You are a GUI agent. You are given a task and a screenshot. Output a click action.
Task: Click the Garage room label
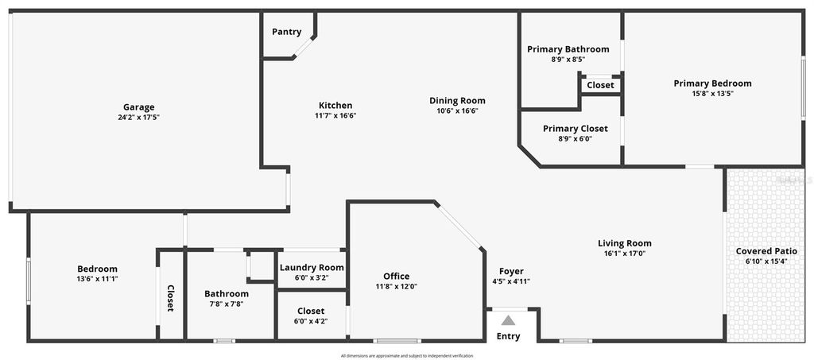[138, 107]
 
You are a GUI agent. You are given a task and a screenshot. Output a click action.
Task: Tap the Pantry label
[286, 32]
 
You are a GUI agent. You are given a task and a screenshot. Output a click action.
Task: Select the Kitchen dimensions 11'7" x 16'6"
[335, 115]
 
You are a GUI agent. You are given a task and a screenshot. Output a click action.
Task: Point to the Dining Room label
[457, 101]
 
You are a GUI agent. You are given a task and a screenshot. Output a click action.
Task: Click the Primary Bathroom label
[568, 49]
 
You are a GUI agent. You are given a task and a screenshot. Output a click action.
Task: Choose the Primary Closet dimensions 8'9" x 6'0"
[575, 138]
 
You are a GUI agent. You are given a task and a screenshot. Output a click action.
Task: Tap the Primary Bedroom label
[712, 83]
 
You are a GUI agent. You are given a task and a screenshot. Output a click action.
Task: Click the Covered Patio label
[766, 251]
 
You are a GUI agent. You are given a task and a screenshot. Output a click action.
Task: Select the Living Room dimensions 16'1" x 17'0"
[624, 254]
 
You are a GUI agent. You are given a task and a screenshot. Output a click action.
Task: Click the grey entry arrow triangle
[508, 320]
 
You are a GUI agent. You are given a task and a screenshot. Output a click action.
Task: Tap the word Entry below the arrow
[508, 336]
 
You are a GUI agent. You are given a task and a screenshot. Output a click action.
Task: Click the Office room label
[396, 277]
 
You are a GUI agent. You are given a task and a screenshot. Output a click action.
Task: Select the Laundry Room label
[312, 268]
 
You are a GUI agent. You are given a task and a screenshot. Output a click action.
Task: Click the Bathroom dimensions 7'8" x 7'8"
[227, 304]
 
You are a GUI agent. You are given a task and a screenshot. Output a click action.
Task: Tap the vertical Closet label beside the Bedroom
[170, 298]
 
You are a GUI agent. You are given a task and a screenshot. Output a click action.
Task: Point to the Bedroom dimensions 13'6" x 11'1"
[97, 278]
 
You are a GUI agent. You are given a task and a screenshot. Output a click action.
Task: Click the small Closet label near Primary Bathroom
[600, 85]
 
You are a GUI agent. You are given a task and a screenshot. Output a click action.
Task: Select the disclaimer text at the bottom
[406, 355]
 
